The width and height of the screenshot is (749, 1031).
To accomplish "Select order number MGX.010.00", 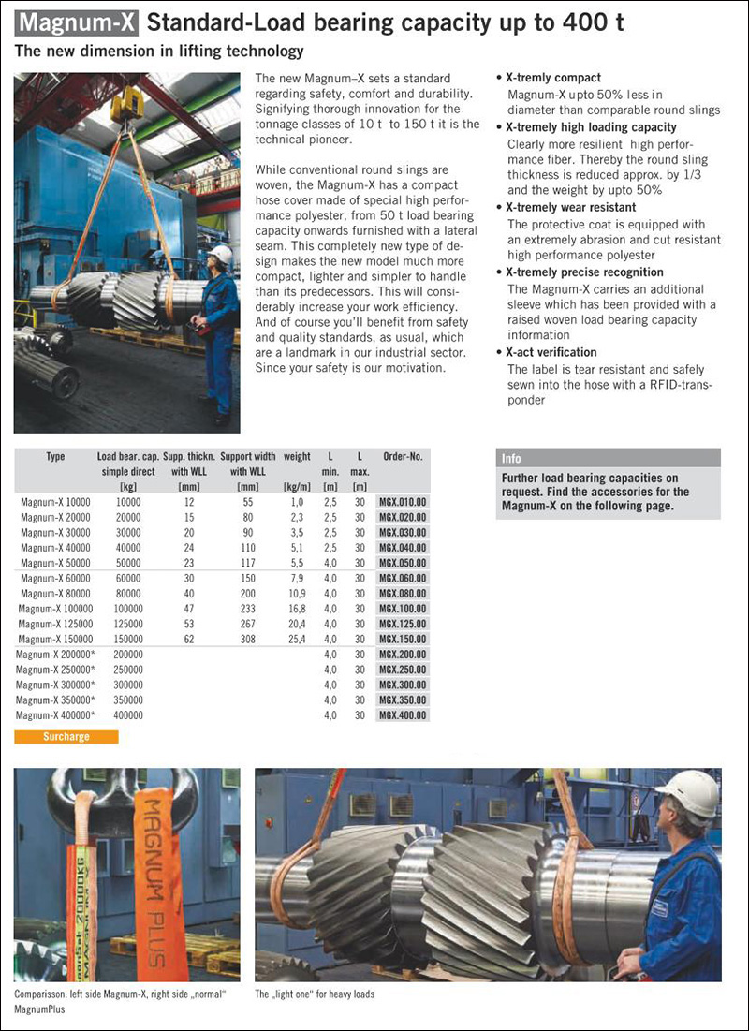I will pyautogui.click(x=403, y=502).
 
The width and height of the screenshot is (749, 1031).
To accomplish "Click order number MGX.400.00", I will pyautogui.click(x=403, y=714).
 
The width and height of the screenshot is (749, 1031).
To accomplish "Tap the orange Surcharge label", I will pyautogui.click(x=66, y=737).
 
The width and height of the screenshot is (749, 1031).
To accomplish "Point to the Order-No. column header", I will pyautogui.click(x=403, y=457).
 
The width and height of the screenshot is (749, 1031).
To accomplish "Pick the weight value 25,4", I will pyautogui.click(x=297, y=639).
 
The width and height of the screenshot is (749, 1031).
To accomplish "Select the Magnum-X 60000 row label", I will pyautogui.click(x=55, y=578).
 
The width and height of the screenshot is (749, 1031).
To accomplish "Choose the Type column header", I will pyautogui.click(x=55, y=457).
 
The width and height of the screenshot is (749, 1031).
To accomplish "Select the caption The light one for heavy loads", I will pyautogui.click(x=315, y=994).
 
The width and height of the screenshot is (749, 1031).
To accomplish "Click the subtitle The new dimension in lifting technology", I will pyautogui.click(x=159, y=51).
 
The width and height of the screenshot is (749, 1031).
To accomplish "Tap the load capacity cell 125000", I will pyautogui.click(x=127, y=624).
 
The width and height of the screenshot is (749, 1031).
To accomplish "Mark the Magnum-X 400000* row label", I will pyautogui.click(x=55, y=714).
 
